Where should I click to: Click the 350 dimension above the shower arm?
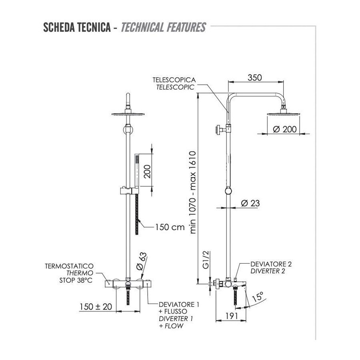(255, 78)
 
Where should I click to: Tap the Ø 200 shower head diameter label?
(285, 129)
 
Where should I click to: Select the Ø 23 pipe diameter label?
(250, 203)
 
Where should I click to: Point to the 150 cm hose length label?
(170, 227)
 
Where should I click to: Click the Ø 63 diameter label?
(141, 261)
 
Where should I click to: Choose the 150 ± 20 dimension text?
(96, 306)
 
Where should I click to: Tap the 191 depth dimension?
(232, 316)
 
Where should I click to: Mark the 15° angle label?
(258, 296)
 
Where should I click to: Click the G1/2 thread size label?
(206, 260)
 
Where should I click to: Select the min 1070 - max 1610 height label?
(193, 192)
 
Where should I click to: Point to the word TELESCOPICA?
(174, 80)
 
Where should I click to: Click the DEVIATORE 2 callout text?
(271, 264)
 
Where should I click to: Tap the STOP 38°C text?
(76, 280)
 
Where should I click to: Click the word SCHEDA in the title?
(58, 27)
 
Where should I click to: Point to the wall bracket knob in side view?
(219, 130)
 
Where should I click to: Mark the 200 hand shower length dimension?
(147, 171)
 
